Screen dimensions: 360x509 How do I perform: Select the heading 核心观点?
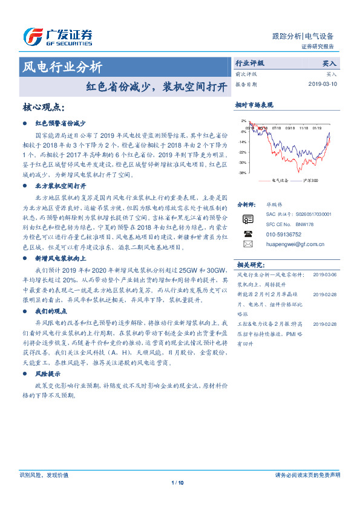43,107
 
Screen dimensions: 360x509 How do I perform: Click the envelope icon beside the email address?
247,244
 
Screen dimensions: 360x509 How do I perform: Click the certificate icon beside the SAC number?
247,218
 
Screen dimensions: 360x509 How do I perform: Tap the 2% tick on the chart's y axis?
243,121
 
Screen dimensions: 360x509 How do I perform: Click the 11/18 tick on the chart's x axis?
303,128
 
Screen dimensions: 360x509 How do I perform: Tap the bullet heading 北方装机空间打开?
61,186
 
